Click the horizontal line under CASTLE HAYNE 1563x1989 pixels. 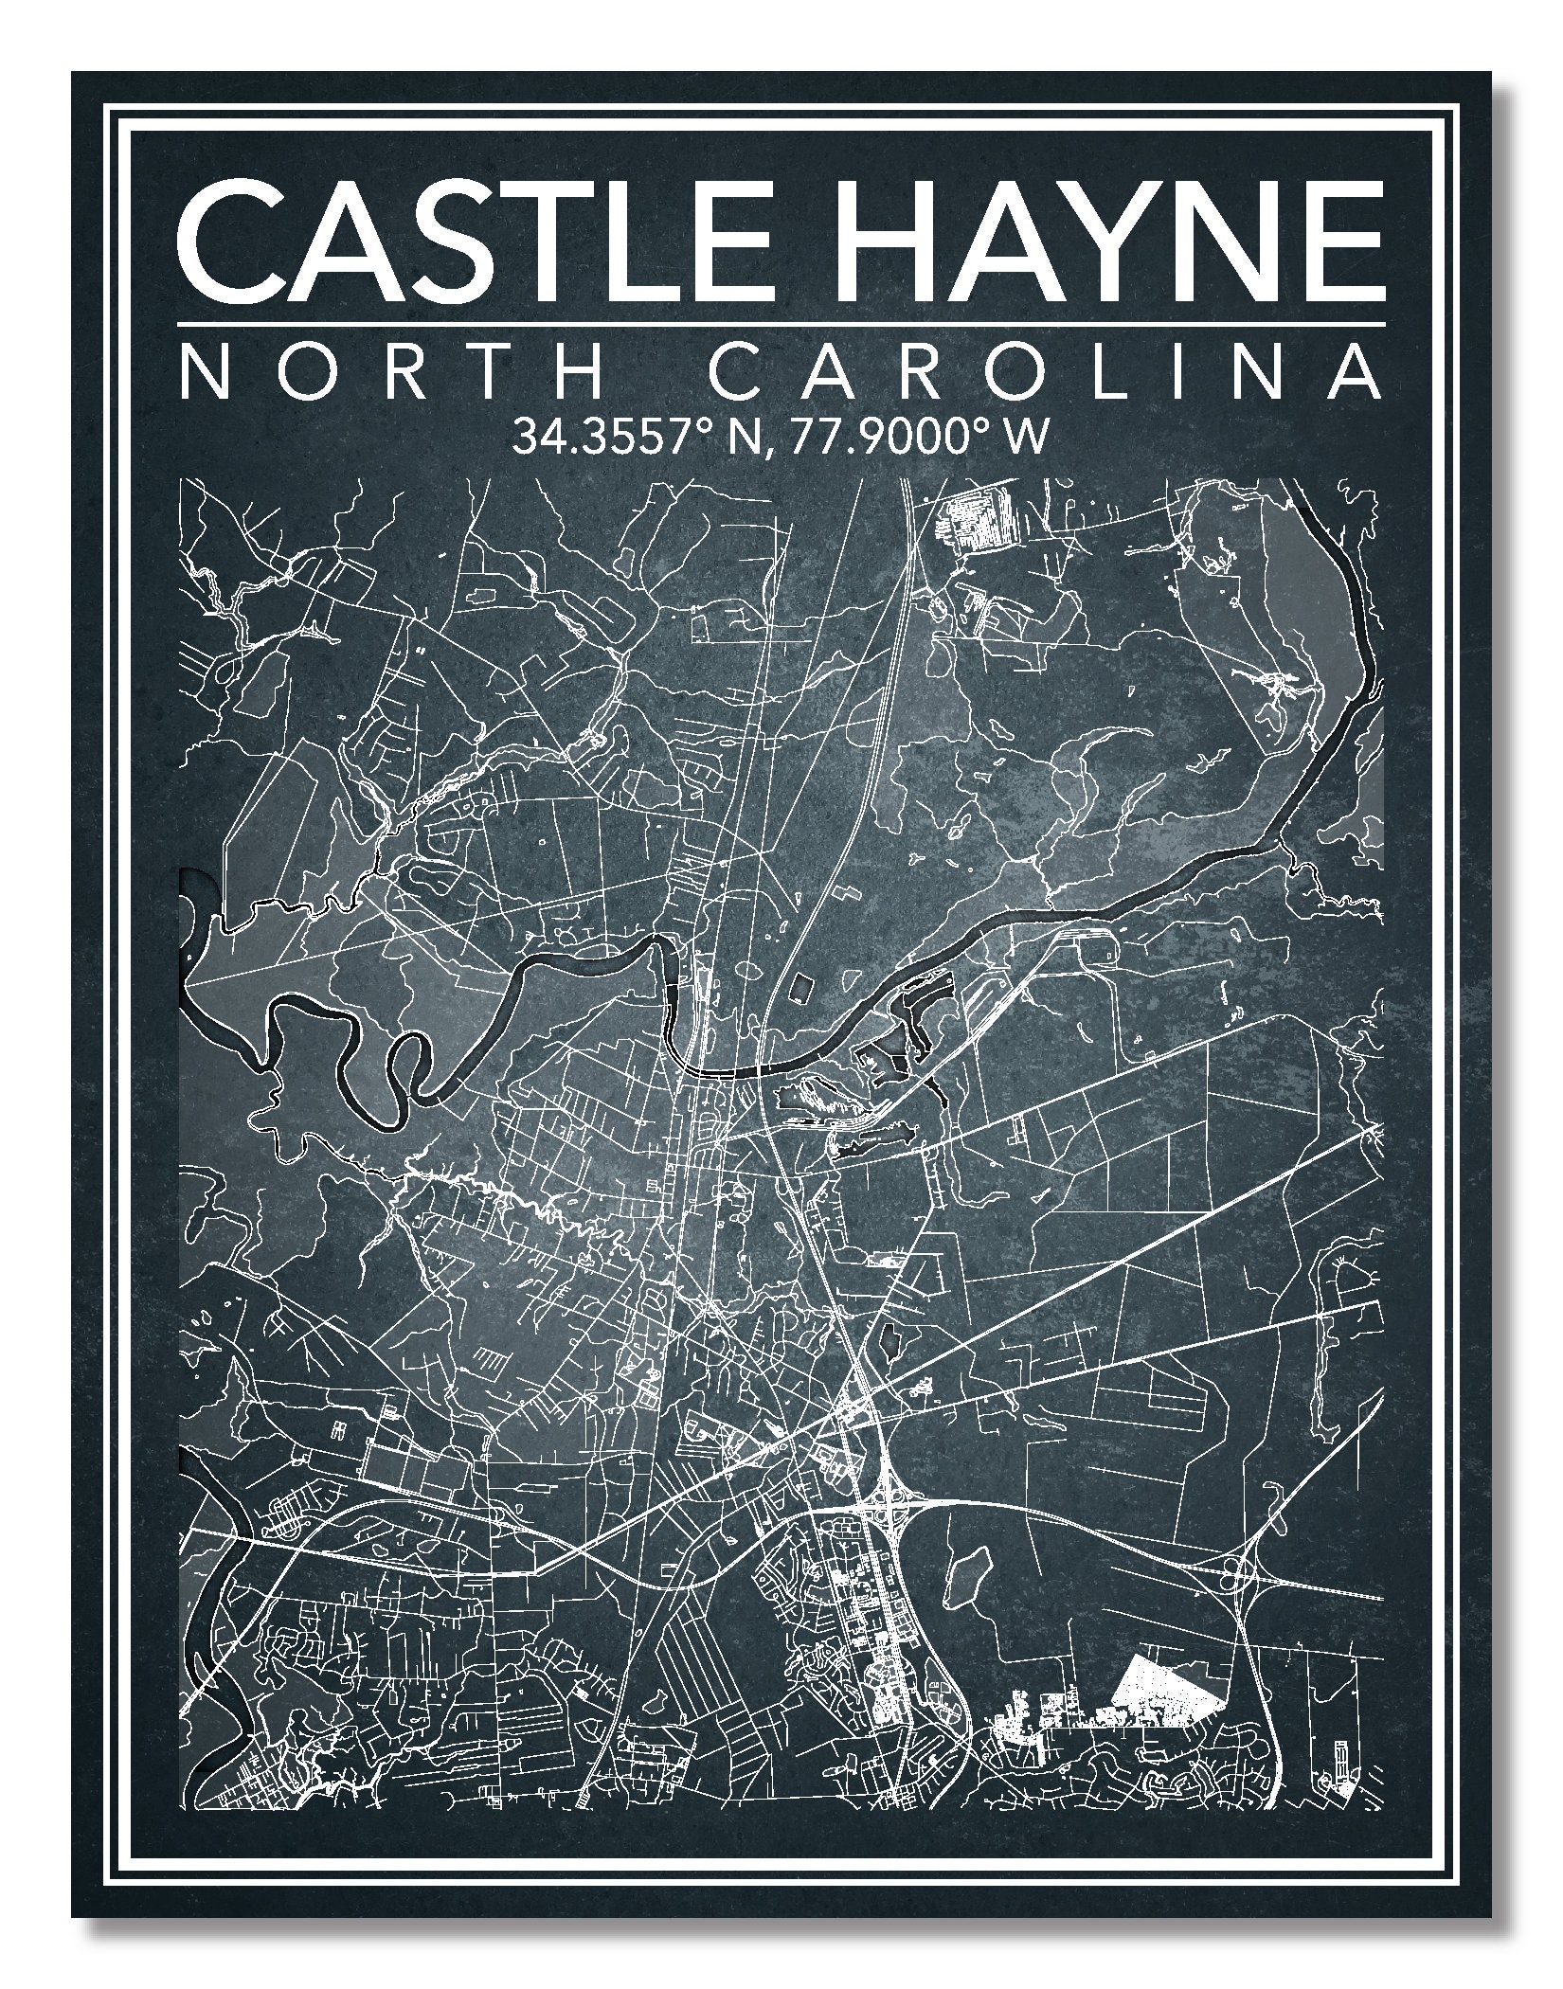[781, 323]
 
